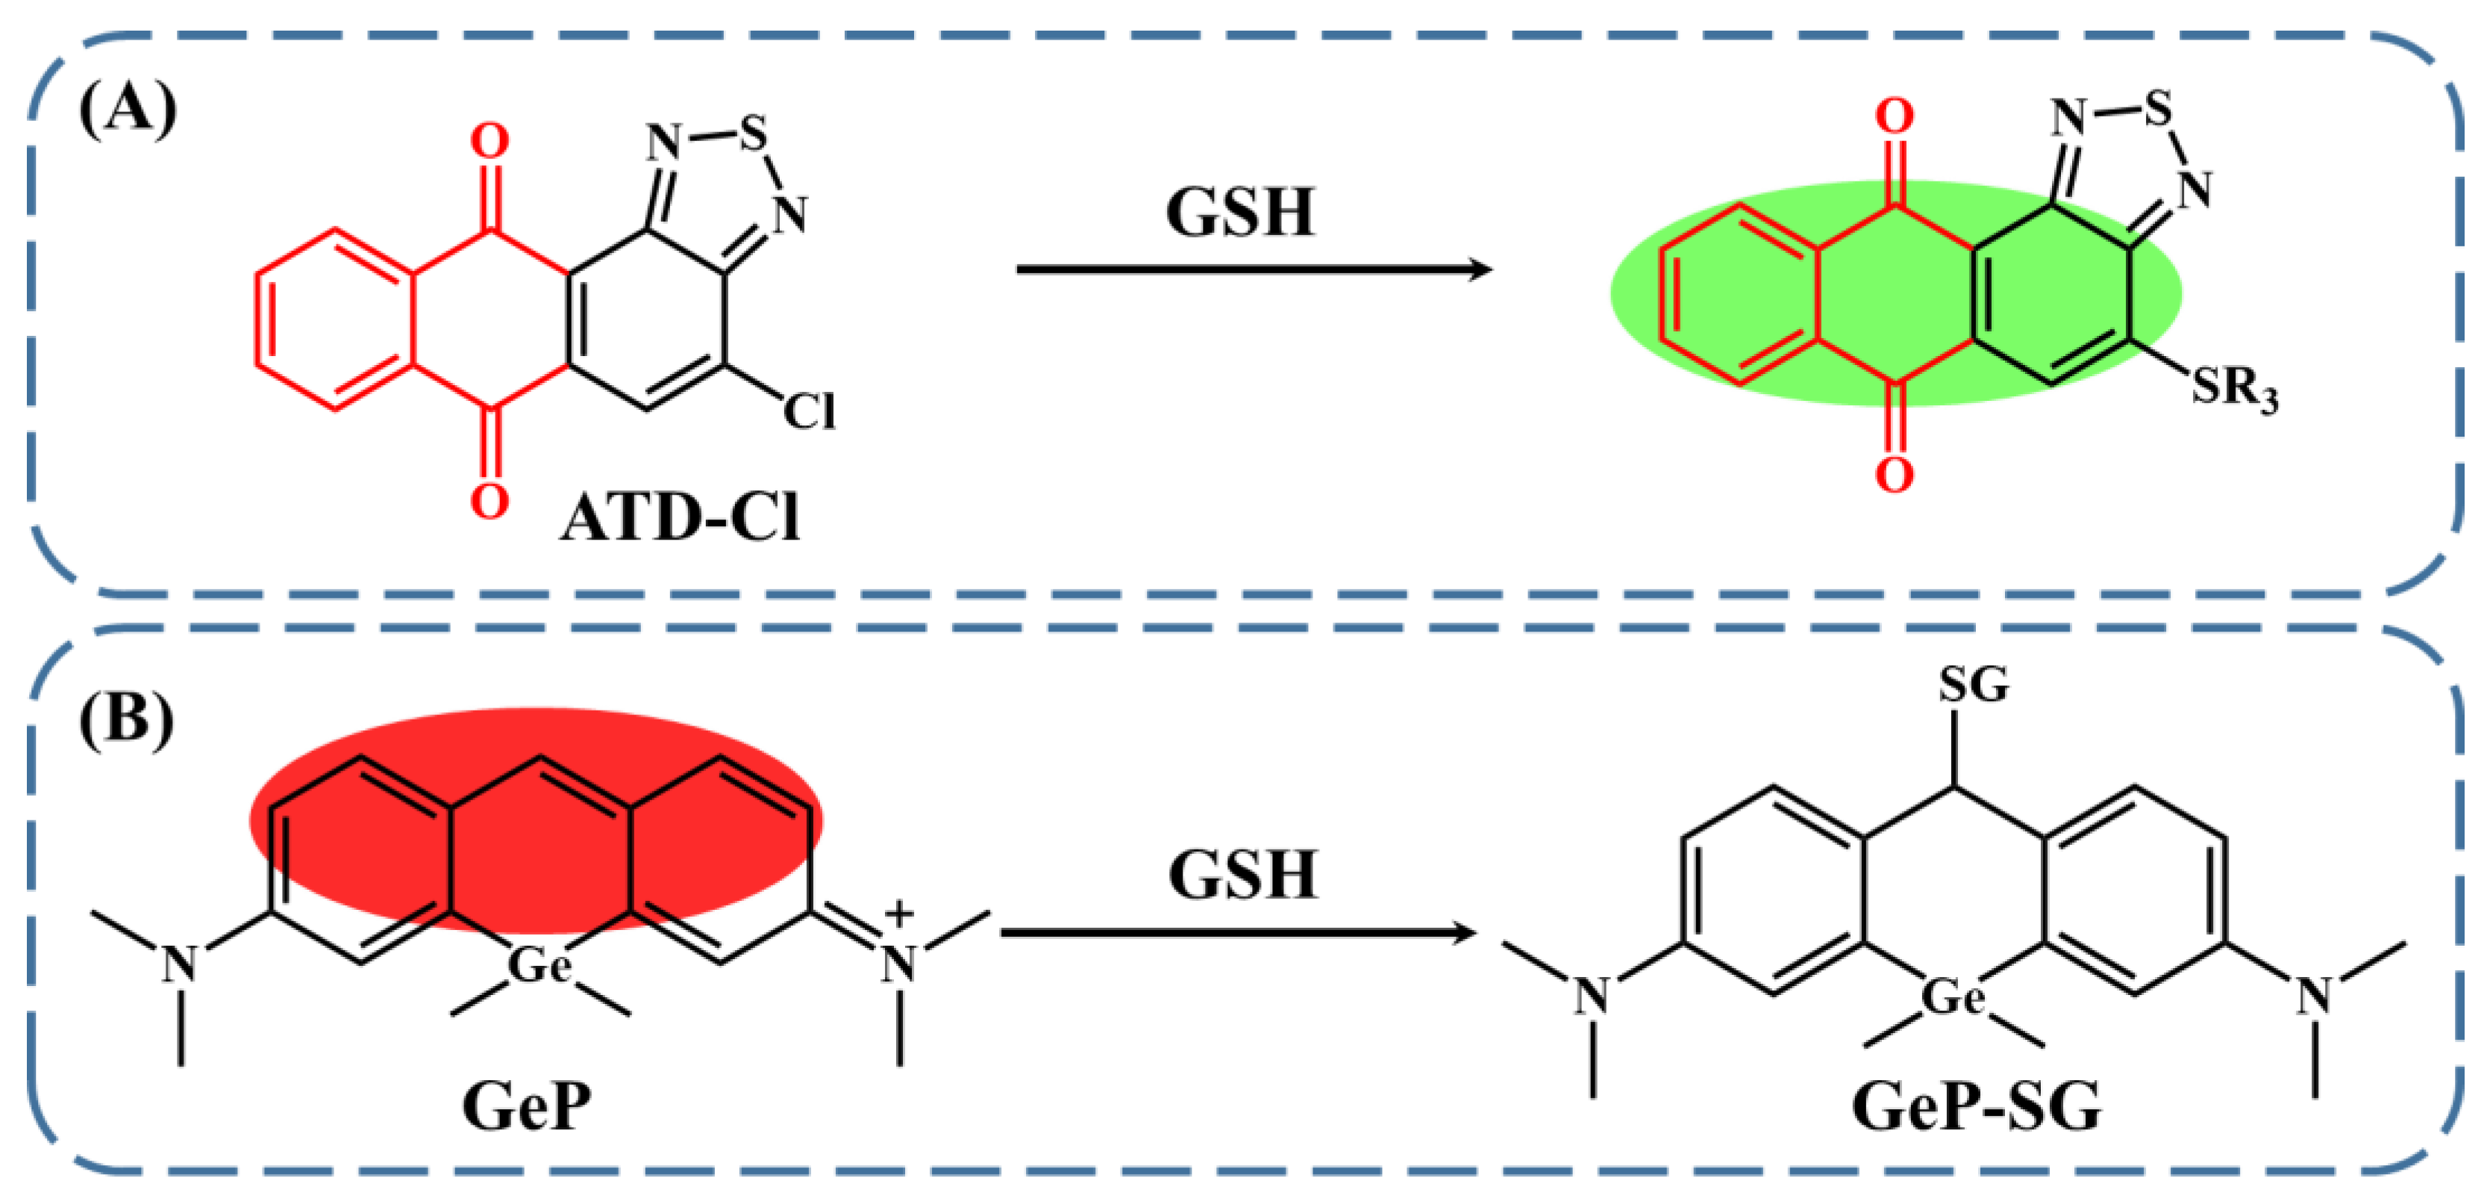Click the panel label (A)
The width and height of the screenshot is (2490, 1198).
click(128, 109)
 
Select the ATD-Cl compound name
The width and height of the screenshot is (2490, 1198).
click(681, 518)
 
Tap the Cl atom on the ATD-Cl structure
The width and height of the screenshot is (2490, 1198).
click(808, 412)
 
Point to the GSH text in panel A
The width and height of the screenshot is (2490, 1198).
click(1240, 213)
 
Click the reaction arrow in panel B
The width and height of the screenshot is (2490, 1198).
click(1237, 933)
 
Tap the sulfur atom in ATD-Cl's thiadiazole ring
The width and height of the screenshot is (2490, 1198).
click(752, 134)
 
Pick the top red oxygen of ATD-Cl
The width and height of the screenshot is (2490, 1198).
click(489, 141)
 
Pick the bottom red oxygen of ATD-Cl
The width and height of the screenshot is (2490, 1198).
click(489, 501)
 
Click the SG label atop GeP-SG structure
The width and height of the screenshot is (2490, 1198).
click(1974, 685)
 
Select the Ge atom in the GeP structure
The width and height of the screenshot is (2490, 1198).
click(539, 964)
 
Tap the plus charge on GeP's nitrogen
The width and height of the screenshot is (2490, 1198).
click(899, 913)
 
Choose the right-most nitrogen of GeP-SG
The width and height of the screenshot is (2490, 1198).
click(2314, 996)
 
